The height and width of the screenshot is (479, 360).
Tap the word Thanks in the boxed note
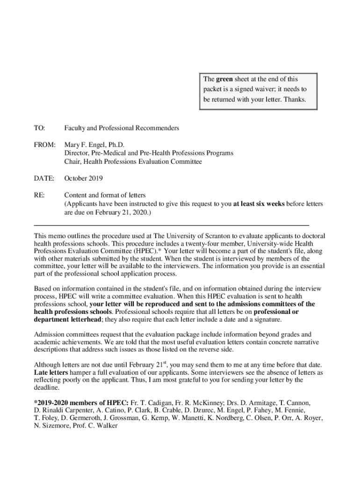(x=295, y=99)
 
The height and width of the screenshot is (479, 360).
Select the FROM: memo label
(x=44, y=145)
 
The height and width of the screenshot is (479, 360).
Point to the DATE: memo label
(x=44, y=178)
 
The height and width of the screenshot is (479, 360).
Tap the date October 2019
(x=84, y=178)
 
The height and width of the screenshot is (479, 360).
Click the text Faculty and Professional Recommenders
(x=122, y=128)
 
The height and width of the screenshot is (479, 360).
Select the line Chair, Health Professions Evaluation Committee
(x=133, y=161)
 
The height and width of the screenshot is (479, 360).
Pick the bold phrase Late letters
(x=51, y=372)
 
